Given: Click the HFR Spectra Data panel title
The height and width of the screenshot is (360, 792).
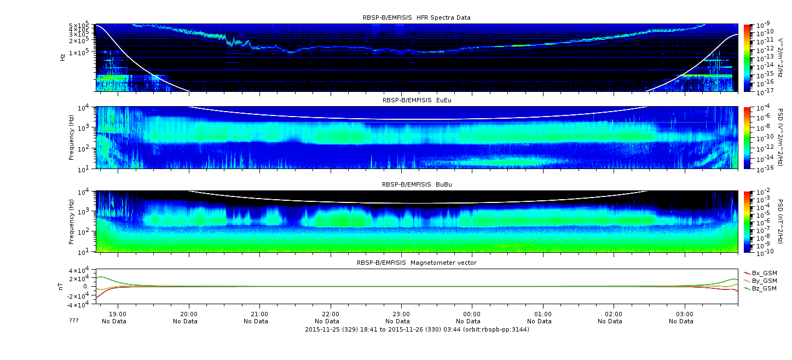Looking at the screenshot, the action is (417, 18).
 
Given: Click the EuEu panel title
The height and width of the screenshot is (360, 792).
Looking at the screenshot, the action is (417, 100).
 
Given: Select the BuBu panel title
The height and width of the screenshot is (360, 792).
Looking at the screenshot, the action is (417, 184).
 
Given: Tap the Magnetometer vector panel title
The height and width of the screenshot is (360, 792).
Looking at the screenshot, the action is (417, 263).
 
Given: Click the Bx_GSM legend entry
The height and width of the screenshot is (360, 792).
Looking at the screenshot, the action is (761, 273).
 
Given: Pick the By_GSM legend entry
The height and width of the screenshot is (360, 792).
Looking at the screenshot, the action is (761, 281).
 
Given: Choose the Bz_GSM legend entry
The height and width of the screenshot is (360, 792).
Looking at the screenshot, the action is (761, 289).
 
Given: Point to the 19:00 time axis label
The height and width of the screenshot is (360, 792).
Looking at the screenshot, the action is (118, 314).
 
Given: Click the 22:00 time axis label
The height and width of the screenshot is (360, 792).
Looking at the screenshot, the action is (331, 314).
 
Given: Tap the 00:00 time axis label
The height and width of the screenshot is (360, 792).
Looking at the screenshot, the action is (472, 314).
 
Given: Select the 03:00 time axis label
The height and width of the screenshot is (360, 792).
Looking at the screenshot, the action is (685, 314).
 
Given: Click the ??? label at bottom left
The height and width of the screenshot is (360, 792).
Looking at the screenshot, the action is (74, 321).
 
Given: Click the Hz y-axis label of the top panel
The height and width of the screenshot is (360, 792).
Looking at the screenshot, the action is (63, 57).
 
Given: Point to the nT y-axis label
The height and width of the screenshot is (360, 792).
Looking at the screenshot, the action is (60, 287).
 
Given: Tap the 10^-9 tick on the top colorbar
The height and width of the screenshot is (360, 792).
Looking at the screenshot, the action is (762, 25).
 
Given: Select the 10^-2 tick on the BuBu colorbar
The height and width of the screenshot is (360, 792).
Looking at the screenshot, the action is (762, 193).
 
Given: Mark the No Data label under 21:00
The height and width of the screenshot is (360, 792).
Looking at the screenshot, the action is (256, 322).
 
